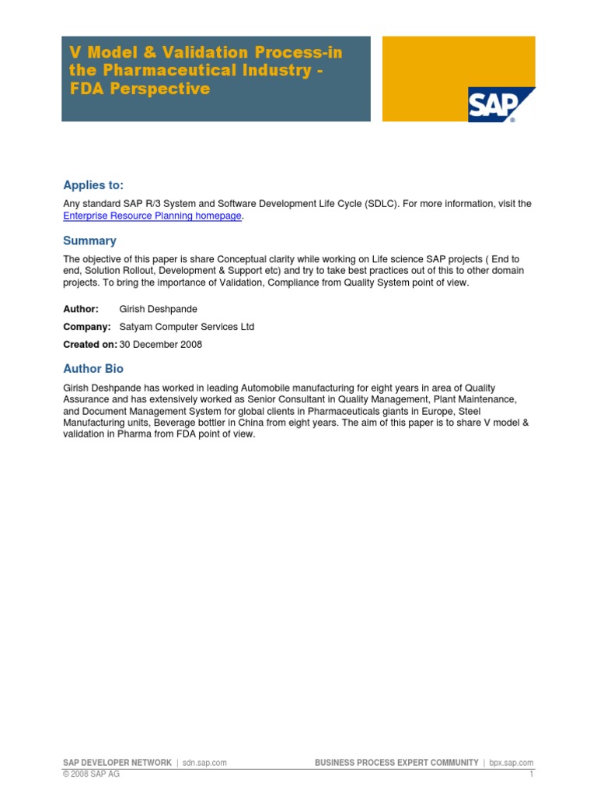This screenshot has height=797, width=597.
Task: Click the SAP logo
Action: (x=501, y=104)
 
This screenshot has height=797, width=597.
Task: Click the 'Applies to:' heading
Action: (x=93, y=184)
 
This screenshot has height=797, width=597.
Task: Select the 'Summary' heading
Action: (x=89, y=241)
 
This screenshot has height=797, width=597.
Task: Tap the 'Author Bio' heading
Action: (x=93, y=368)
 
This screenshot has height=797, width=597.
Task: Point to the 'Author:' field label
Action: (x=81, y=309)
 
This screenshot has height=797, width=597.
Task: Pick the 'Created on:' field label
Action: (x=90, y=344)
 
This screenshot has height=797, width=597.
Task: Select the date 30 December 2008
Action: (x=161, y=344)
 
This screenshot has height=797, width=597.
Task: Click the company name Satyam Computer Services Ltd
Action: (x=187, y=327)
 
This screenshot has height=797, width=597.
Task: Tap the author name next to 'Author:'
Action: (x=159, y=309)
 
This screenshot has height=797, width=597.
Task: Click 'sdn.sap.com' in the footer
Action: (x=205, y=763)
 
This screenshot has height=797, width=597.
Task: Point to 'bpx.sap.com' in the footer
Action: (x=512, y=763)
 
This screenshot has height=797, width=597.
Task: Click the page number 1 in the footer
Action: (x=532, y=774)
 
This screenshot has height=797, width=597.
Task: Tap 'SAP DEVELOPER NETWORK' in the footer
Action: (x=117, y=763)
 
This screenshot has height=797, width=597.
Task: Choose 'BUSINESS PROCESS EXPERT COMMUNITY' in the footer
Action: (x=396, y=763)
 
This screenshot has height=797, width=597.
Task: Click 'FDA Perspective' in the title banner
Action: (x=140, y=89)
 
